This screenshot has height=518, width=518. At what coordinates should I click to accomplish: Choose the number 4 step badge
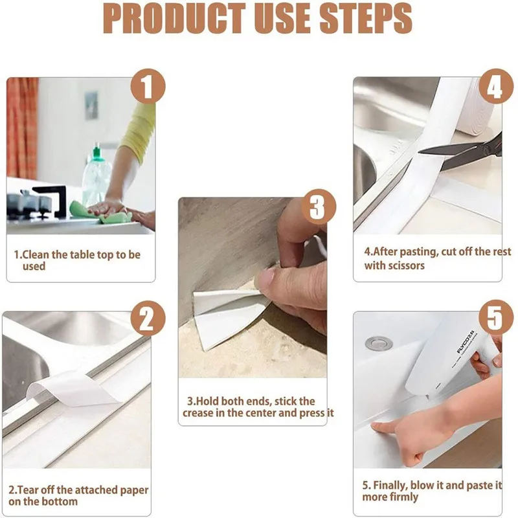[x=494, y=87]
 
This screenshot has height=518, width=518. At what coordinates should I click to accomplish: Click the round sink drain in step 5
[x=375, y=343]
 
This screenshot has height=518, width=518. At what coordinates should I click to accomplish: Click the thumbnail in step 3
[x=266, y=278]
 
